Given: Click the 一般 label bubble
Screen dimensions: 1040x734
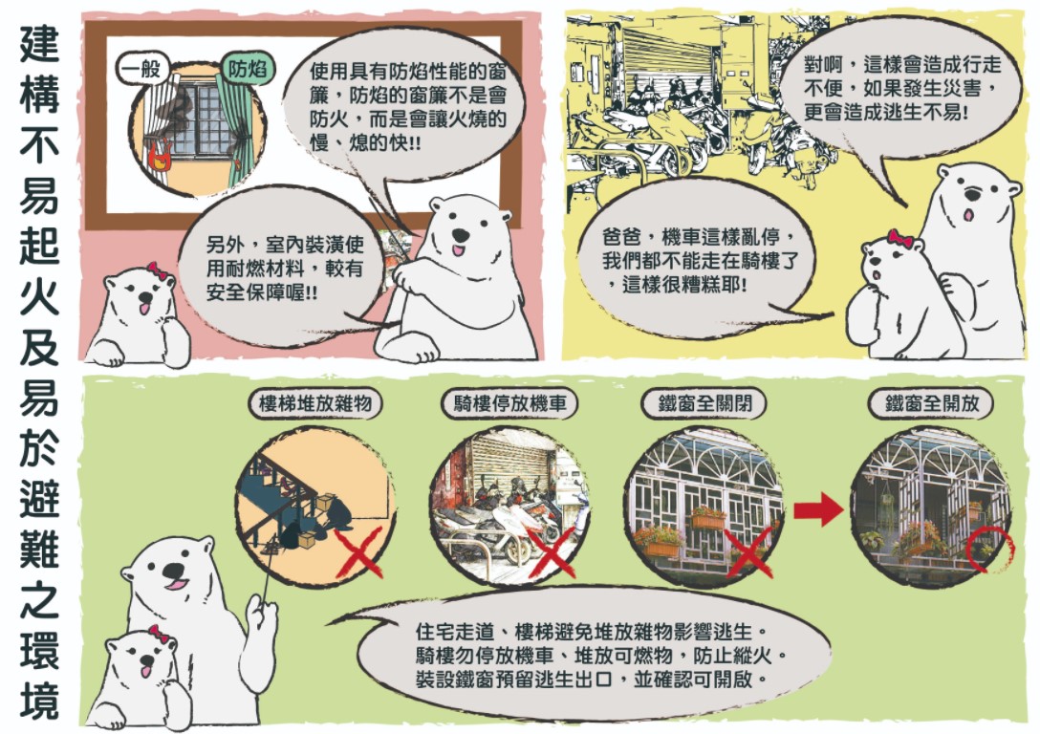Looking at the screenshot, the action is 141,68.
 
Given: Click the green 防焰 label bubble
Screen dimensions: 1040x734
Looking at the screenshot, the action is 248,68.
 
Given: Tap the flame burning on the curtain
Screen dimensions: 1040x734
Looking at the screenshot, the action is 160,157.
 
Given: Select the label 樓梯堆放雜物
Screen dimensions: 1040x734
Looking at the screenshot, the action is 315,403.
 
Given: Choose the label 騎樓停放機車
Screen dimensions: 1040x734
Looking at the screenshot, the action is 510,403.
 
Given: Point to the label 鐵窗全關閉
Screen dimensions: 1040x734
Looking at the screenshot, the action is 704,403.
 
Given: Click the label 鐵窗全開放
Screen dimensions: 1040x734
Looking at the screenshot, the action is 931,403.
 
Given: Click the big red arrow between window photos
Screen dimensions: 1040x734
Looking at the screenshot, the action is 818,509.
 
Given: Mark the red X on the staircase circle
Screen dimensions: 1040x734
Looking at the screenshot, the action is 358,551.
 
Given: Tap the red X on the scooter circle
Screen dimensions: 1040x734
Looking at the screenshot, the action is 552,551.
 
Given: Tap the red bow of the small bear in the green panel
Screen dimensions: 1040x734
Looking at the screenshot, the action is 160,634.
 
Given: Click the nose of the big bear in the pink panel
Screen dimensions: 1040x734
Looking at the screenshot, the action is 461,235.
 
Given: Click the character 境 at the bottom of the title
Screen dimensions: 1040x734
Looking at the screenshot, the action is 39,700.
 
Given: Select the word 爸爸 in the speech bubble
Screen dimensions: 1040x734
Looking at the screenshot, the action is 622,237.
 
